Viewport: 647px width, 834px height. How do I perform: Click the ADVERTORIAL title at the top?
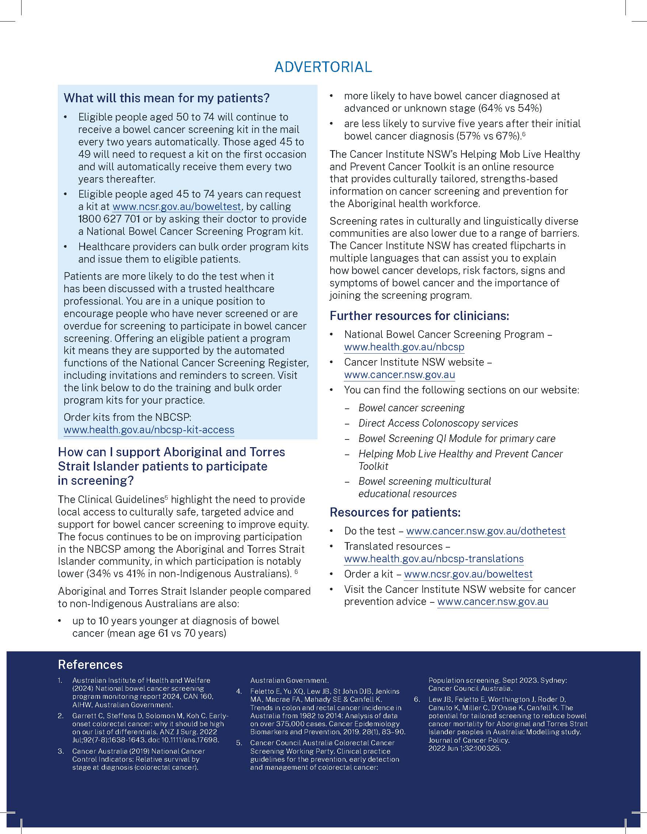point(323,67)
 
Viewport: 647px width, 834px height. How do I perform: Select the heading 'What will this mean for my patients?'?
point(167,98)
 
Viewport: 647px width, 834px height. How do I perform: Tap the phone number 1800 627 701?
point(109,219)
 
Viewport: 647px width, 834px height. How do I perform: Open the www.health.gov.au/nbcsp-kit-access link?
point(149,430)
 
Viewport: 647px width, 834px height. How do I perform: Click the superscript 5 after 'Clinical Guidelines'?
point(166,498)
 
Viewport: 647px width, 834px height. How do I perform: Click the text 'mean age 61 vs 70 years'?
point(167,633)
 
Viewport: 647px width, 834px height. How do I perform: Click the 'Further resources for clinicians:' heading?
point(419,316)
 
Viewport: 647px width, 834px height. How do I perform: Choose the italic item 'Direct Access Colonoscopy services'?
point(438,423)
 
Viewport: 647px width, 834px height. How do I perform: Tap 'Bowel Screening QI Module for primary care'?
point(457,438)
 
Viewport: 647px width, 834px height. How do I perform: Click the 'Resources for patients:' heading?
point(395,512)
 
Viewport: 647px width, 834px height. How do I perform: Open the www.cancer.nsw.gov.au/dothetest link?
point(486,531)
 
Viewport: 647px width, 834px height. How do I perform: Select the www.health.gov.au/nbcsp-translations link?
point(434,559)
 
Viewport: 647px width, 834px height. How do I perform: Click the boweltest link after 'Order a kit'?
point(468,574)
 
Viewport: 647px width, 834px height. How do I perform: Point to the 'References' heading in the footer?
point(90,664)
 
